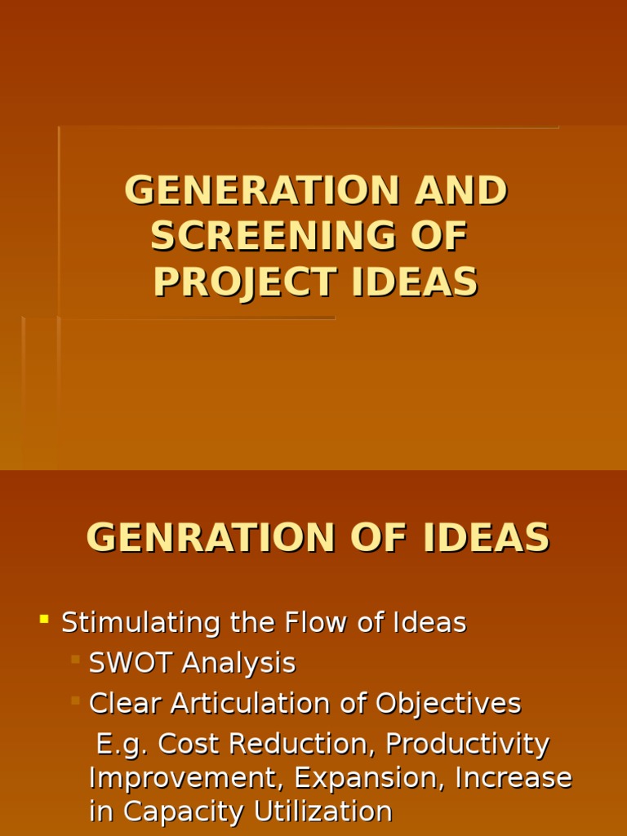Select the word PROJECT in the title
click(x=244, y=282)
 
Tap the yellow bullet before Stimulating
click(x=44, y=620)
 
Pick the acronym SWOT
click(x=131, y=663)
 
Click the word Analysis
click(x=238, y=663)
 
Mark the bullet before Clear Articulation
click(x=75, y=700)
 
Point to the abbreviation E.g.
click(x=122, y=745)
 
